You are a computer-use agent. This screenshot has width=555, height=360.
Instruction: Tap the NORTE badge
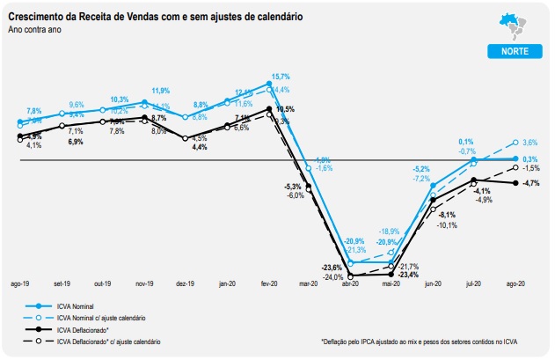click(x=514, y=52)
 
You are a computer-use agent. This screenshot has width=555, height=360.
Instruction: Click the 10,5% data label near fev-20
click(x=284, y=108)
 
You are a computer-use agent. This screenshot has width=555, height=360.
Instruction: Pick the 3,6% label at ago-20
click(x=529, y=143)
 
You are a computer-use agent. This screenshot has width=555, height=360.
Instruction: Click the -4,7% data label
click(x=530, y=183)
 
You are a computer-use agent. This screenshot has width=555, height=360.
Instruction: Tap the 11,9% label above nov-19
click(x=160, y=91)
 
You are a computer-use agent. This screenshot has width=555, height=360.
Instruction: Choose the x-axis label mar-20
click(x=309, y=284)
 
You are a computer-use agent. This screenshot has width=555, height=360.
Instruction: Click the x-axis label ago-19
click(x=20, y=284)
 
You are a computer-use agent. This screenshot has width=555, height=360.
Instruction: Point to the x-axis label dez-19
click(x=186, y=284)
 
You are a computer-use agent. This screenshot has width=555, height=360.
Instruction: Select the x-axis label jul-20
click(x=474, y=284)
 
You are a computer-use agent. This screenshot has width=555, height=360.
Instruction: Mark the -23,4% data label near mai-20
click(x=407, y=275)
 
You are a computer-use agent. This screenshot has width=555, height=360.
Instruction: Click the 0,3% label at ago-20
click(x=529, y=158)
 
